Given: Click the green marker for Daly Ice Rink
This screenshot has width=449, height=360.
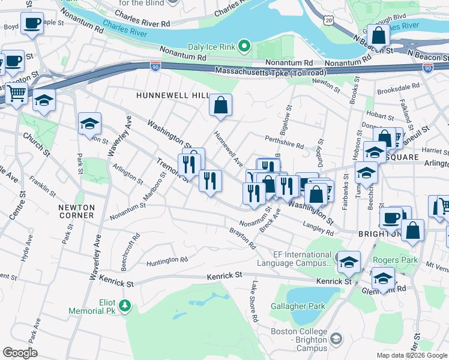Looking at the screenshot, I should pos(244,46).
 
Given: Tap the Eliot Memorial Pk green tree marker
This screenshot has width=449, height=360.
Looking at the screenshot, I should pos(125,306).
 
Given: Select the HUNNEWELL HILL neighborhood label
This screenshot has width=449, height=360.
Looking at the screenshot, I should pos(172,95).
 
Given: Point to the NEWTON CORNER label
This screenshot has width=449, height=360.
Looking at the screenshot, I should pos(76,211).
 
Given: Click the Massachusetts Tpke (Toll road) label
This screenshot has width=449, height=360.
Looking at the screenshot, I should pos(265,73).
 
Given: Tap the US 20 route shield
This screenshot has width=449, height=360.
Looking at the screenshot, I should pos(328,20).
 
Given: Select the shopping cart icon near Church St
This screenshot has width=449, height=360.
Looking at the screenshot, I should pos(16,93).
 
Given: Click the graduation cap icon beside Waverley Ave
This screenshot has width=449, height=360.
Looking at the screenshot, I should pos(89,124).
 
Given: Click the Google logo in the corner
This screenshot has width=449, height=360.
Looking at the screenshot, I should pos(20,353).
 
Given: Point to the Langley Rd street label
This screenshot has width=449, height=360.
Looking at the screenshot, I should pos(318,225).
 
